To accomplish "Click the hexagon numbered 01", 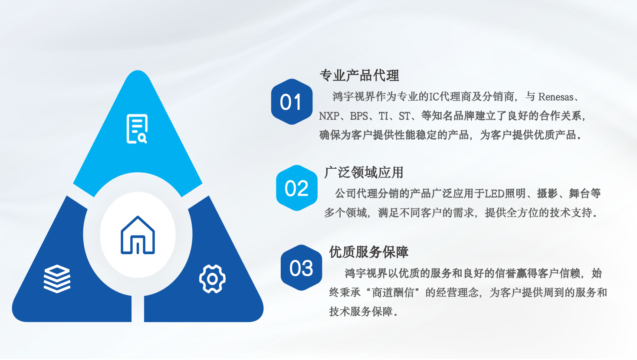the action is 292,101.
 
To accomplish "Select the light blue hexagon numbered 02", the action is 297,188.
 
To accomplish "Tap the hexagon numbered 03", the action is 302,268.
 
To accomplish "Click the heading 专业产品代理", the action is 359,75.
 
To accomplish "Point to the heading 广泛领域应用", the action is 364,172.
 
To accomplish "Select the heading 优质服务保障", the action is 368,252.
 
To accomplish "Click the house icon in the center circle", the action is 138,235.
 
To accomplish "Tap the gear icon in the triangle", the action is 213,279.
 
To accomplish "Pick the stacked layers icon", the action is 57,278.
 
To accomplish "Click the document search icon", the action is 137,129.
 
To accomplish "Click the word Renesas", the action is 556,97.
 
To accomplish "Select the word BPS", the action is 359,116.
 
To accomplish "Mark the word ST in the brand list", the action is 404,116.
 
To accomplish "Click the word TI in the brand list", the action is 383,116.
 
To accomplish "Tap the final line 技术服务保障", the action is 361,312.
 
